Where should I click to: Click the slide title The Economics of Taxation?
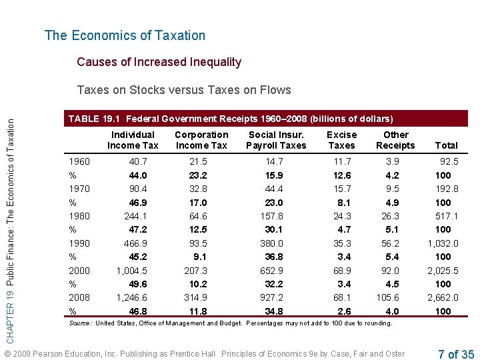pyautogui.click(x=125, y=35)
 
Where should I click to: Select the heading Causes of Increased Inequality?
pyautogui.click(x=159, y=62)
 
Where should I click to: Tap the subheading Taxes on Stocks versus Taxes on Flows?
pyautogui.click(x=184, y=90)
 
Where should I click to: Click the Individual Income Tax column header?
pyautogui.click(x=133, y=140)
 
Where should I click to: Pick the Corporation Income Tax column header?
pyautogui.click(x=201, y=140)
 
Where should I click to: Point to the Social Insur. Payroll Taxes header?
pyautogui.click(x=276, y=140)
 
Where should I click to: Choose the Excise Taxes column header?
pyautogui.click(x=341, y=140)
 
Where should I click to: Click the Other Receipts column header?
pyautogui.click(x=395, y=140)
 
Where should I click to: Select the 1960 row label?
pyautogui.click(x=80, y=161)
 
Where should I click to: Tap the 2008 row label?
pyautogui.click(x=80, y=297)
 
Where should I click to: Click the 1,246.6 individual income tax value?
pyautogui.click(x=132, y=297)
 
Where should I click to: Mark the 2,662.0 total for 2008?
pyautogui.click(x=443, y=297)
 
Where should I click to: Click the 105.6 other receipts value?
pyautogui.click(x=387, y=297)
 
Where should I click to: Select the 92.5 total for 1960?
pyautogui.click(x=448, y=161)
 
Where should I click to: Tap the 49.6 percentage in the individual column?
pyautogui.click(x=138, y=284)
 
